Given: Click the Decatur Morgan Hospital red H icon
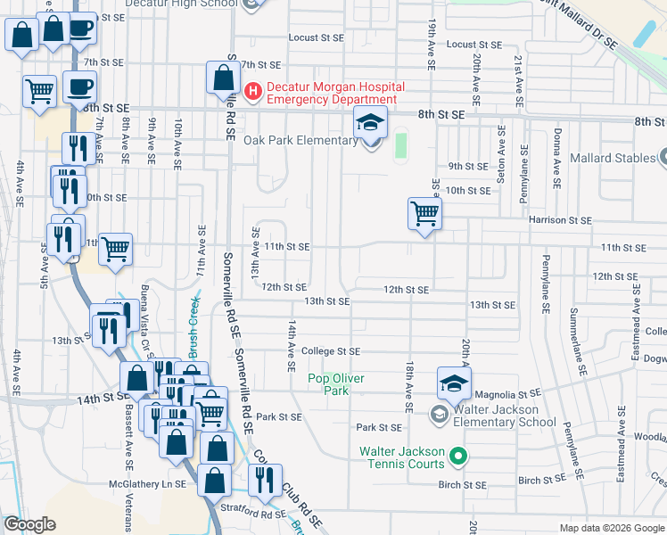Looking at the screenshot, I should point(253,91).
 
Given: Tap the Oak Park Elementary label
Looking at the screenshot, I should point(301,141).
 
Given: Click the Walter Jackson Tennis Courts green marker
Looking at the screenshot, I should point(458,457).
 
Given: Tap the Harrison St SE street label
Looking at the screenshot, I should point(560,219).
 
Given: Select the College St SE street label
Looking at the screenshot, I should point(330,352).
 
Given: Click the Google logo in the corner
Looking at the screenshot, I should point(29,525).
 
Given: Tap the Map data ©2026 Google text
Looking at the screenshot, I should point(611,528).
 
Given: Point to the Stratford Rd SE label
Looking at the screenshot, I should point(252,514).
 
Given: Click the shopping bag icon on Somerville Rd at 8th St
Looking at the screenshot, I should point(221,78).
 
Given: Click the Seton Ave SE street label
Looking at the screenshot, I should point(502,152).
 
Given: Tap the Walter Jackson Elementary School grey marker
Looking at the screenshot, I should point(439,414).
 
